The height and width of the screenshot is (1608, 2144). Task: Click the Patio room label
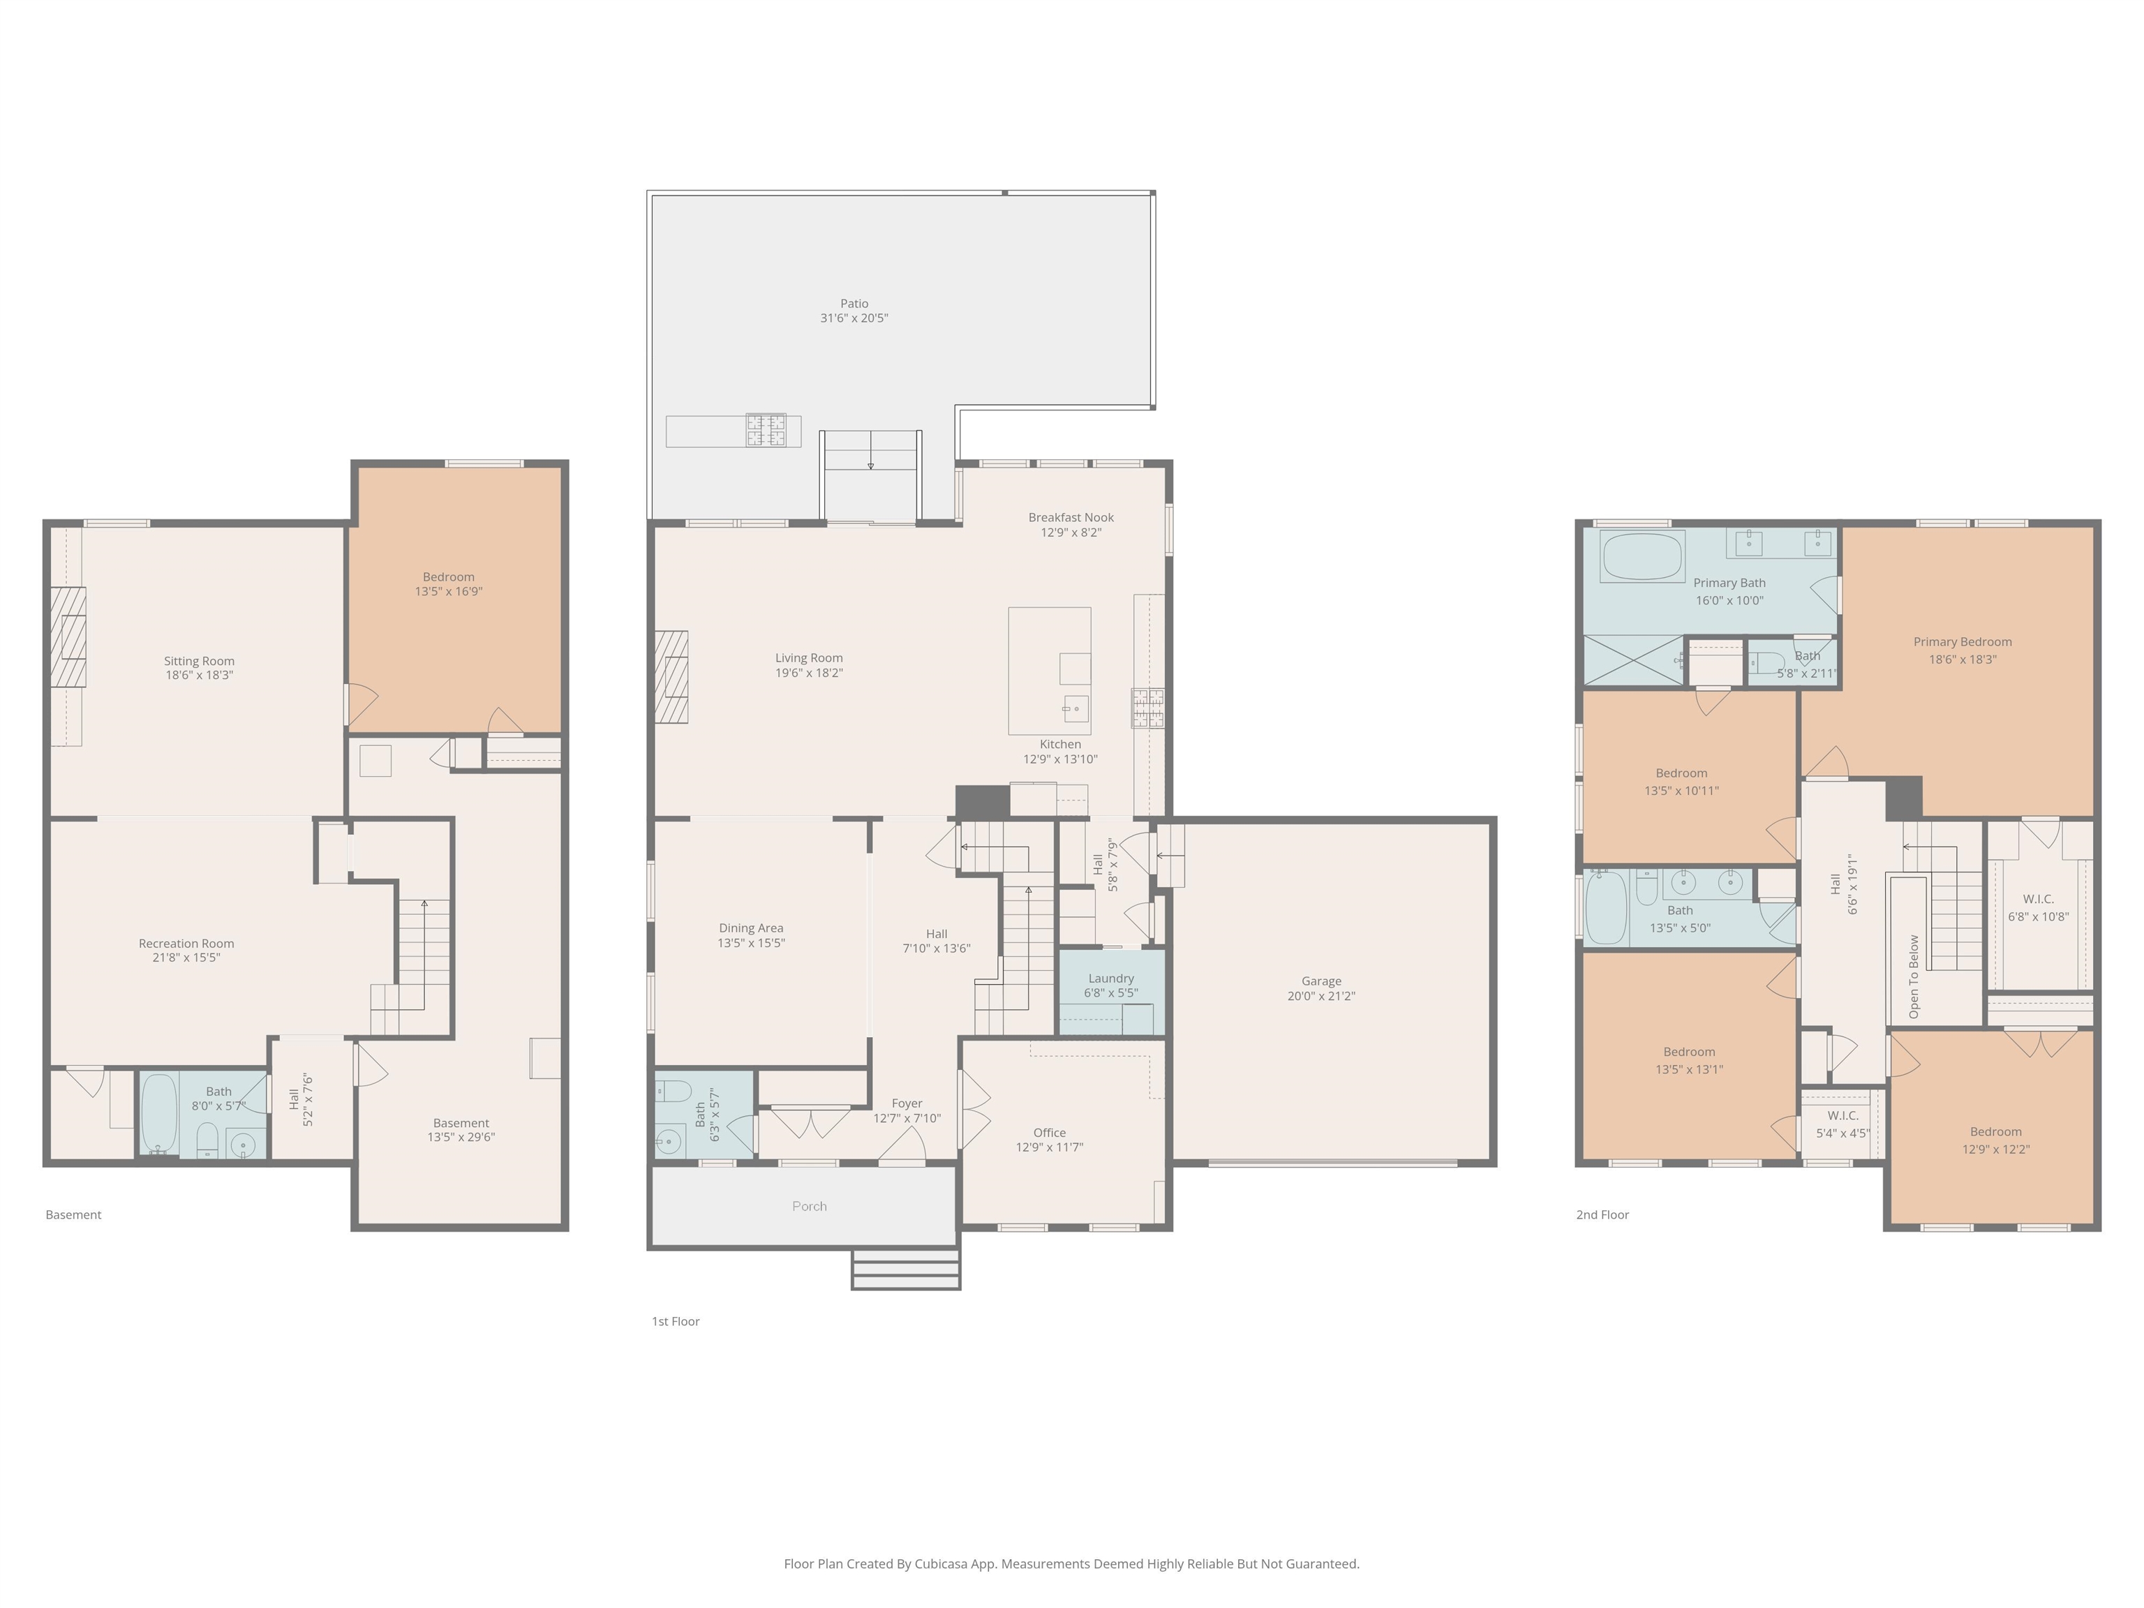854,304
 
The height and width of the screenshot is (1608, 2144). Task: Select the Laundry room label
1111,978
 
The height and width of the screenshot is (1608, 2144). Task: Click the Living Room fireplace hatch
671,676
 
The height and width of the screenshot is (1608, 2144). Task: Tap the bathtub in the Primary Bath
1642,558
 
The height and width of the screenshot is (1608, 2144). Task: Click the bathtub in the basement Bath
159,1112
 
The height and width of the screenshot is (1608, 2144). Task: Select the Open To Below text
1913,976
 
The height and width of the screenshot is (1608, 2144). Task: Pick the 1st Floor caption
676,1321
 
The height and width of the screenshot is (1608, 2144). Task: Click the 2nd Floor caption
1602,1214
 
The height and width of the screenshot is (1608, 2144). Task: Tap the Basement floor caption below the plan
74,1214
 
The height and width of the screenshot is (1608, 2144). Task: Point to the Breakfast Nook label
1071,518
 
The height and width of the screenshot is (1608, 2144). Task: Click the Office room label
1050,1132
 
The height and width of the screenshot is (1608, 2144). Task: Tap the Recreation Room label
186,943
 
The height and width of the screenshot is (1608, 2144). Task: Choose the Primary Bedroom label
1962,641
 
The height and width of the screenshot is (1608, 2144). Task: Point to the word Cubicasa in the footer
939,1563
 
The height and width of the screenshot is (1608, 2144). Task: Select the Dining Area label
751,928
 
